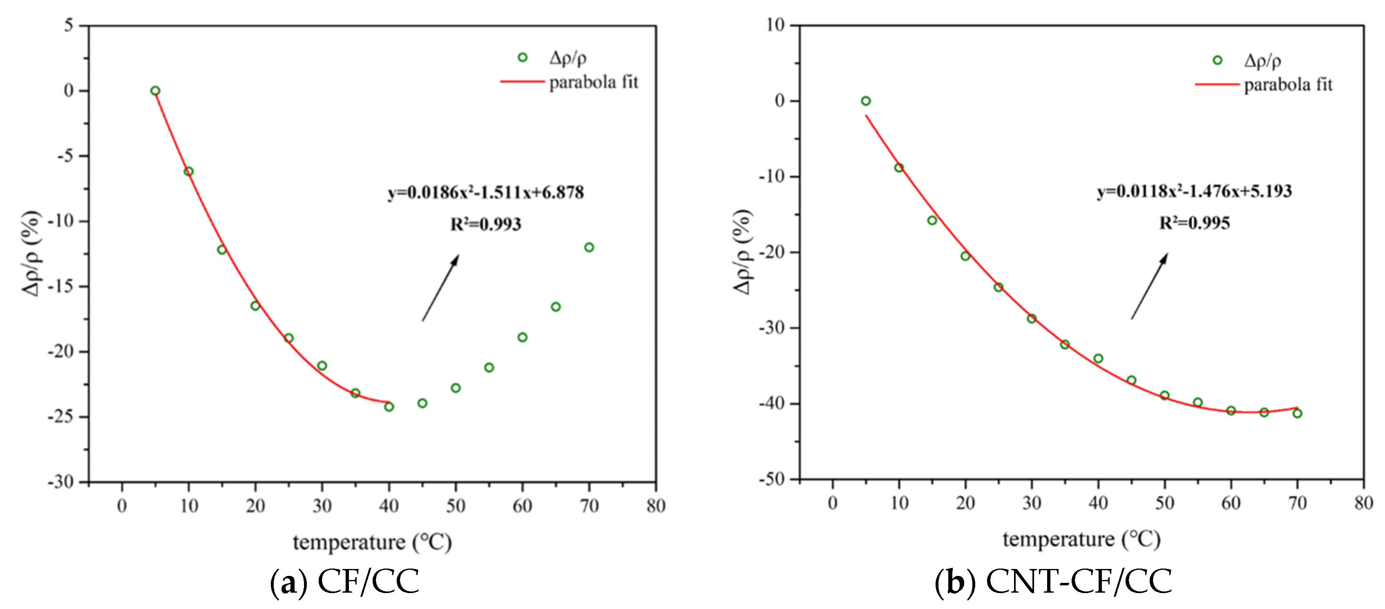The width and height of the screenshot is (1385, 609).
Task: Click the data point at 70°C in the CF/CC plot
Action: point(589,247)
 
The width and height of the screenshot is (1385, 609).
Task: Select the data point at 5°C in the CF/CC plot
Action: point(155,91)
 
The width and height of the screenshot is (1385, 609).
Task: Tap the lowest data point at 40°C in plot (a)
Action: point(389,407)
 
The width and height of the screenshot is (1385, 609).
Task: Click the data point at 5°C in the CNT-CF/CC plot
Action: point(866,101)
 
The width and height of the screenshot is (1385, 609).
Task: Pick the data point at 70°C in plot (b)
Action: point(1297,413)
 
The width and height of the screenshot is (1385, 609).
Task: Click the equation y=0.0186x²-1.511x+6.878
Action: point(485,192)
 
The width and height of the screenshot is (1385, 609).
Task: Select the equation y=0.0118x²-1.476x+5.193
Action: point(1194,191)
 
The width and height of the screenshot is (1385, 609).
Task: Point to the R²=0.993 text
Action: point(485,224)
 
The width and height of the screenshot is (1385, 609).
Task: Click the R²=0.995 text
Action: point(1194,223)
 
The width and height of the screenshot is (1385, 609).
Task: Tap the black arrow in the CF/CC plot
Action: point(440,288)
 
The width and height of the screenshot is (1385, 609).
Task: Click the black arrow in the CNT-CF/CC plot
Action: point(1149,286)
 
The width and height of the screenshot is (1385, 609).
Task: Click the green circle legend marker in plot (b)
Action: point(1217,60)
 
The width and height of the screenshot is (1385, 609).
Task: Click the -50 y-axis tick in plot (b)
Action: point(771,479)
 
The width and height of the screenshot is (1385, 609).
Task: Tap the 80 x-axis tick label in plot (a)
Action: point(656,506)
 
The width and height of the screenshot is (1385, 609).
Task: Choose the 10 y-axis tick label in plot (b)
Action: point(775,25)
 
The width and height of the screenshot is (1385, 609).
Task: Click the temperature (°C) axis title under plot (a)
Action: point(372,542)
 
